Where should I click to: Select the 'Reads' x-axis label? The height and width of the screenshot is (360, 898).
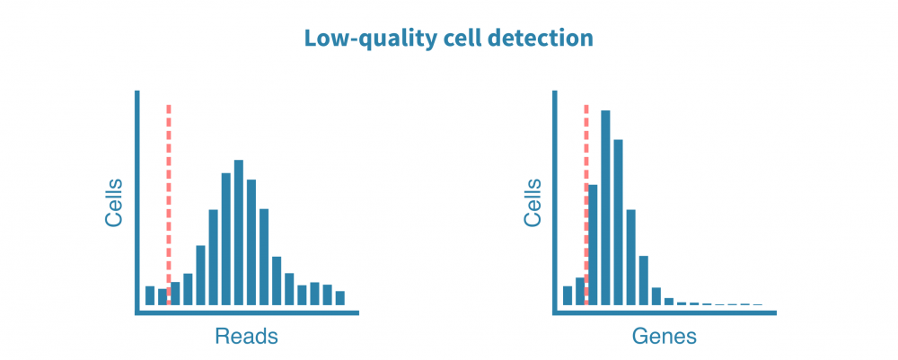pyautogui.click(x=246, y=337)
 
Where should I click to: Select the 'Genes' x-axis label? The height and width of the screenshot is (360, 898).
pyautogui.click(x=664, y=337)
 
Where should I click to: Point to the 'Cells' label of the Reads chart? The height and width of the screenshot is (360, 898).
pyautogui.click(x=114, y=203)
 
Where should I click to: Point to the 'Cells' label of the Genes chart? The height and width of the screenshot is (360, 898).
pyautogui.click(x=533, y=203)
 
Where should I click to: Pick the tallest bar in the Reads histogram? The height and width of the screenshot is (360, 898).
pyautogui.click(x=239, y=233)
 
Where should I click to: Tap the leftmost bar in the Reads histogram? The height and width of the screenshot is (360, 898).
pyautogui.click(x=150, y=295)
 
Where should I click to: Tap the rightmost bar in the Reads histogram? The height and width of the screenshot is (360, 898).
pyautogui.click(x=340, y=298)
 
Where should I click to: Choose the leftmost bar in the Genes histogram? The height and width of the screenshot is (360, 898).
pyautogui.click(x=568, y=295)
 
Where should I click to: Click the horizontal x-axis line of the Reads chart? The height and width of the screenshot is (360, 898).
pyautogui.click(x=247, y=313)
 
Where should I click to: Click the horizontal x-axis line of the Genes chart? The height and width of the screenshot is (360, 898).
pyautogui.click(x=665, y=313)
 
